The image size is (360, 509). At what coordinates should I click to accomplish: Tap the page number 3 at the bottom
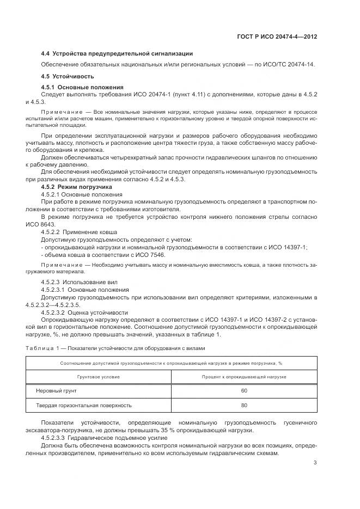tap(315, 463)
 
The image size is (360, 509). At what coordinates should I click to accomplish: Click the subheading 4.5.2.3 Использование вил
tap(78, 282)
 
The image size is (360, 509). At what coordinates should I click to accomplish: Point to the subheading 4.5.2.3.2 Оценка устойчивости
tap(85, 312)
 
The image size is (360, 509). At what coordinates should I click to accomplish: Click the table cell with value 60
tap(244, 391)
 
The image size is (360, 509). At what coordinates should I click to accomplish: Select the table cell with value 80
tap(244, 406)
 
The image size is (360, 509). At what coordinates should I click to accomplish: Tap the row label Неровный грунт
tap(57, 391)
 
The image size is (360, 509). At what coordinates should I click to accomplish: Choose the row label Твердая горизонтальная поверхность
tap(83, 406)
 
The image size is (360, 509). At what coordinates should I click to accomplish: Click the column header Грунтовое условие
tap(98, 376)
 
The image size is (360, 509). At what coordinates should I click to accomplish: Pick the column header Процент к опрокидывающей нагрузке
tap(244, 376)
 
